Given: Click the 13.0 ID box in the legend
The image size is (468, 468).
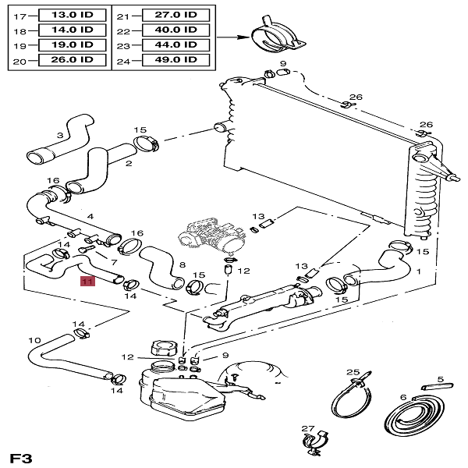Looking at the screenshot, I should click(66, 16).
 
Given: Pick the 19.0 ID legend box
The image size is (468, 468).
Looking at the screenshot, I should click(66, 44).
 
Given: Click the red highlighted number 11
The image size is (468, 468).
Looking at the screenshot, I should click(87, 282).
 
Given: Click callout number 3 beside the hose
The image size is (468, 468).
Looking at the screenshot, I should click(59, 136).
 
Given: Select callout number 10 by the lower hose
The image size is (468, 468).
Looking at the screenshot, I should click(34, 341).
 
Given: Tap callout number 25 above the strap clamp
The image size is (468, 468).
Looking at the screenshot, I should click(352, 373).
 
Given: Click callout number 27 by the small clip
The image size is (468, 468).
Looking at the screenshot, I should click(307, 429).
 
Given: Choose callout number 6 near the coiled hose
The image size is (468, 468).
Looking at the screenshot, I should click(403, 397).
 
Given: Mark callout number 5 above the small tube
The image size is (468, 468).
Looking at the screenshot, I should click(440, 380).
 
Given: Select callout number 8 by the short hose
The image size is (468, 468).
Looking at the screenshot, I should click(183, 265).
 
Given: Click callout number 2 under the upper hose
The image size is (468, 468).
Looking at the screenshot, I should click(128, 164).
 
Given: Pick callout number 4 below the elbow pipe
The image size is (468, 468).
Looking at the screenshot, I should click(90, 216).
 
